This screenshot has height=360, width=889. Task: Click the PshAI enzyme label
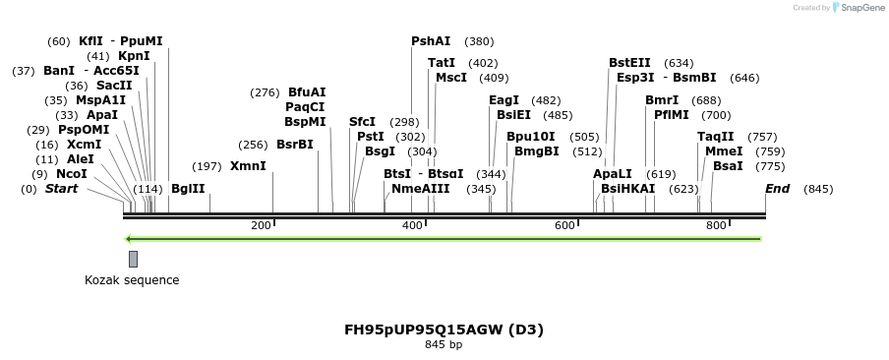coord(431,41)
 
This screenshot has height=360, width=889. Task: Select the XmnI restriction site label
coord(248,166)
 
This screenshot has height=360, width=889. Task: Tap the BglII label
coord(188,188)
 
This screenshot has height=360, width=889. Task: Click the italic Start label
coord(61,188)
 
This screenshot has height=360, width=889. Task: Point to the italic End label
coord(777,188)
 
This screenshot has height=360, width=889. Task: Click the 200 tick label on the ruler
coord(261,226)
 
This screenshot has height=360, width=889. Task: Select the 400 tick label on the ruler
coord(412,226)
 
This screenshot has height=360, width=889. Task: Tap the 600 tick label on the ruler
coord(564,226)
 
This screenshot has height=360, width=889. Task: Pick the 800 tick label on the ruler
coord(716,226)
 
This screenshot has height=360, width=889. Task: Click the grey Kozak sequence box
coord(133,259)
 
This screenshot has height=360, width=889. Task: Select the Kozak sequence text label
coord(132,280)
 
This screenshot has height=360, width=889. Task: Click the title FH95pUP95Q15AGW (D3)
coord(444,330)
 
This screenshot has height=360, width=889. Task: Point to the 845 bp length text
coord(444,345)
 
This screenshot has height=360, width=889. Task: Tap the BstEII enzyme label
coord(629,63)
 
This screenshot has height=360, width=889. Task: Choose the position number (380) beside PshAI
coord(479,42)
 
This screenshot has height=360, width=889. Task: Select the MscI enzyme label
coord(451,78)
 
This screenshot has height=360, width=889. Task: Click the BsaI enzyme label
coord(728,166)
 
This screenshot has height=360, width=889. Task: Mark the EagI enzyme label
coord(504,100)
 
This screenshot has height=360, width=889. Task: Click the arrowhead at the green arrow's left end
coord(128,238)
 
